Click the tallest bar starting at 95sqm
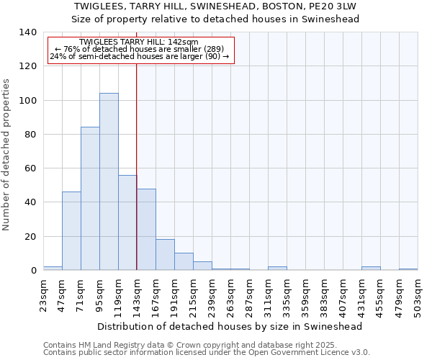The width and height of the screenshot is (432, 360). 109,181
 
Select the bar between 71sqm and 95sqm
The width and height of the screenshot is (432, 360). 90,199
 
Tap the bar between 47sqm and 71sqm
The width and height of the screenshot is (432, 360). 71,230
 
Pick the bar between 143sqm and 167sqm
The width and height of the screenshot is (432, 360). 146,229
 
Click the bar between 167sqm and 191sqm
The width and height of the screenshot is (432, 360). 165,255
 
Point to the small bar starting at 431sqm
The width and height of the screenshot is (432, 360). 371,269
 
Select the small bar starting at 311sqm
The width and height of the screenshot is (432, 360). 277,269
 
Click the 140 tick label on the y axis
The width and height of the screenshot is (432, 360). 27,32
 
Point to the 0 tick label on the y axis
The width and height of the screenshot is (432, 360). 32,271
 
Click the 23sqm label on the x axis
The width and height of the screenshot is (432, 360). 44,293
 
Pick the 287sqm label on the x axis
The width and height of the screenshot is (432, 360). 250,293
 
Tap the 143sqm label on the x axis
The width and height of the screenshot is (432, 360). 138,293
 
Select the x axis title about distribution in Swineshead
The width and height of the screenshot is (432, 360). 230,326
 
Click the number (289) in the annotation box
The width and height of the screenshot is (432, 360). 215,49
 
